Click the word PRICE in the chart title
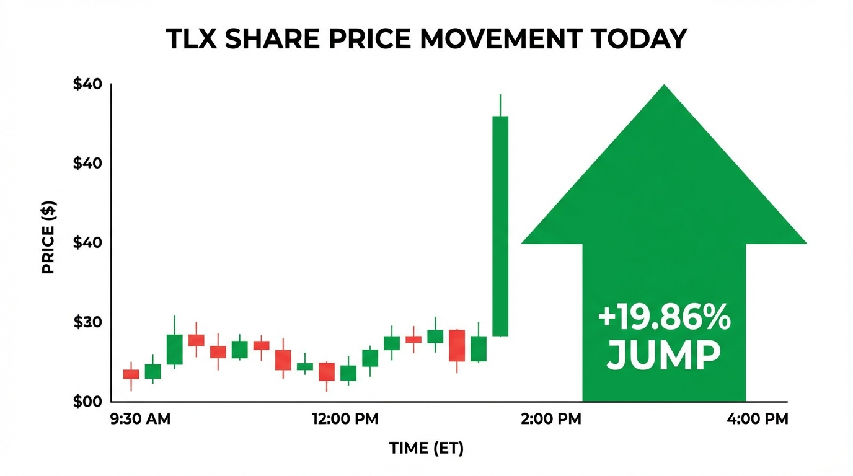click(372, 39)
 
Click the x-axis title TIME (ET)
click(426, 448)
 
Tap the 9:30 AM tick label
click(140, 419)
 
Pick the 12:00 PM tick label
click(345, 419)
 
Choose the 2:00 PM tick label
click(551, 419)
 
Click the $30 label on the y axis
click(87, 322)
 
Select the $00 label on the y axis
click(87, 402)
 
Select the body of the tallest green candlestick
click(500, 226)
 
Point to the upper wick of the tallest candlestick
click(500, 105)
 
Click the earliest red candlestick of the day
click(131, 374)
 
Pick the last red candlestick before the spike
click(457, 345)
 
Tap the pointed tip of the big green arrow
click(664, 87)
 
